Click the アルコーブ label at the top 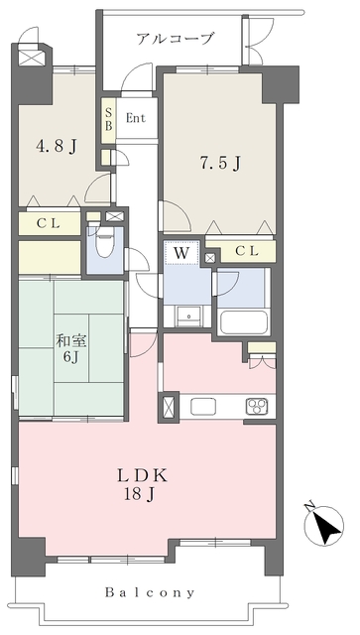point(175,40)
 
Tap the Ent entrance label point(136,118)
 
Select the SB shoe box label point(108,120)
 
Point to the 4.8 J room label point(57,146)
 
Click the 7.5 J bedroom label point(221,163)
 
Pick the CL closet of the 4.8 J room point(49,223)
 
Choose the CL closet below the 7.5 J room point(247,251)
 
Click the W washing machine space point(181,253)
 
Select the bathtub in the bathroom point(244,322)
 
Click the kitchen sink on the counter point(203,406)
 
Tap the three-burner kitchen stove point(257,406)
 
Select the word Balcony point(150,593)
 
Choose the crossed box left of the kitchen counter point(168,407)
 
